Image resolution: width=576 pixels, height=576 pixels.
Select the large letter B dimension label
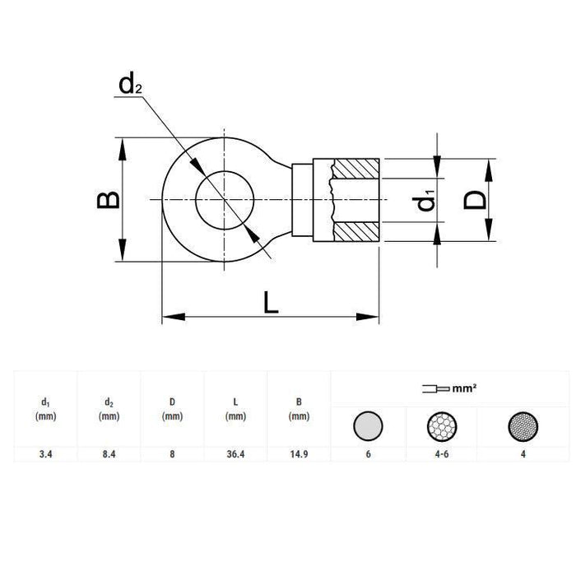[108, 200]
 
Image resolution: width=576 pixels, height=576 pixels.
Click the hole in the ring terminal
[225, 200]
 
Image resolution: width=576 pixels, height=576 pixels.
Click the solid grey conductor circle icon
[368, 426]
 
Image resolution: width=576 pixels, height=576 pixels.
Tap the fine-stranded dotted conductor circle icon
[525, 426]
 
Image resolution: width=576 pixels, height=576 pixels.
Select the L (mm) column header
[236, 409]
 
